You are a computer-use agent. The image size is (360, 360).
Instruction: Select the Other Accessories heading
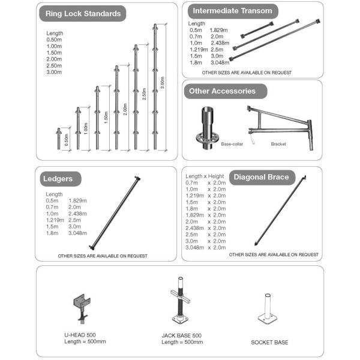coord(222,91)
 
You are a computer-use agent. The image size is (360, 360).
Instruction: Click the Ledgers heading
coord(58,179)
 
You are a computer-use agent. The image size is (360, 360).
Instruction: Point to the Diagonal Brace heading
coord(261,177)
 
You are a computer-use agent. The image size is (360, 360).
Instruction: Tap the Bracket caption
coord(278,145)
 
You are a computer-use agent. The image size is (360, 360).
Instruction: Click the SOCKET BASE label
coord(269,343)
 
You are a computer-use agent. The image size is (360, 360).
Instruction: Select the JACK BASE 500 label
coord(182,335)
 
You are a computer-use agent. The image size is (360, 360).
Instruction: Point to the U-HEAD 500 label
coord(80,335)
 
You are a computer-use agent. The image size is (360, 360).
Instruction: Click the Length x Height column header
coord(205,176)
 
